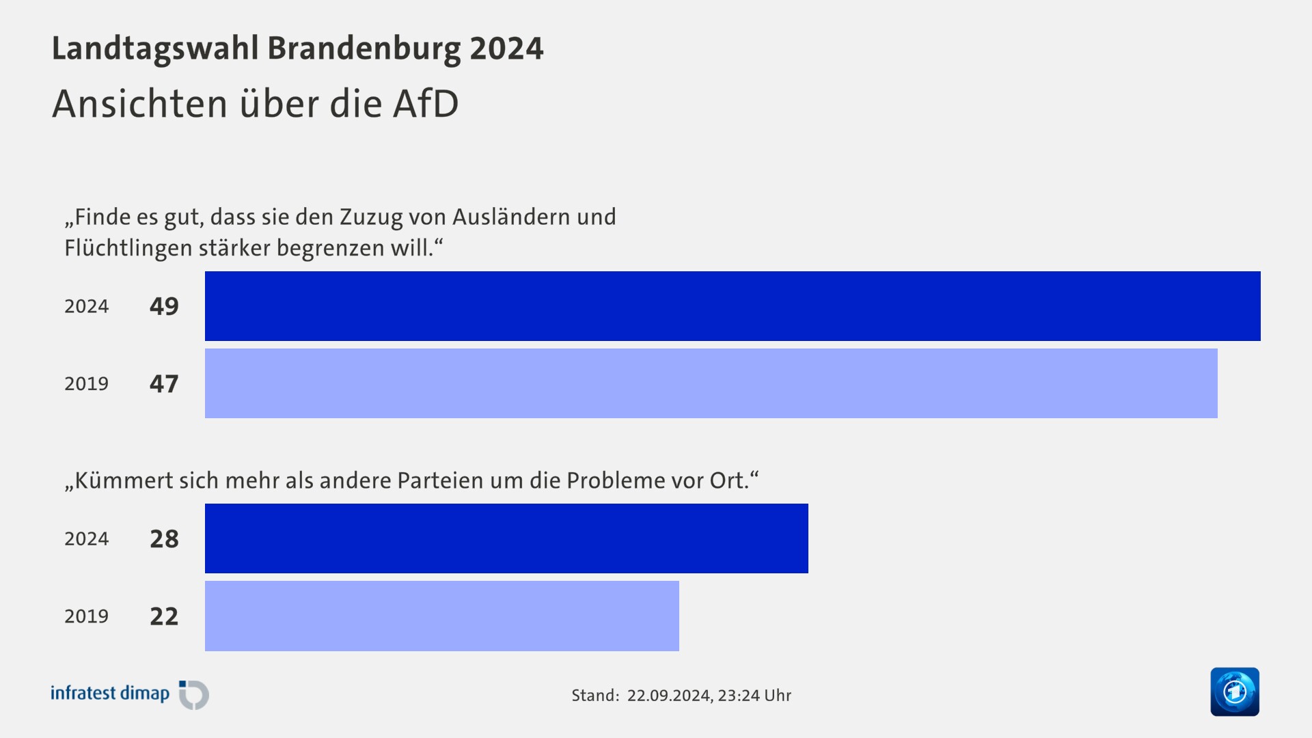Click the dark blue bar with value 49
pyautogui.click(x=733, y=306)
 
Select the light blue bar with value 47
pyautogui.click(x=711, y=383)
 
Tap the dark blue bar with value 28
pyautogui.click(x=506, y=538)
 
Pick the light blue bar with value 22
pyautogui.click(x=441, y=616)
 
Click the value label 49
pyautogui.click(x=164, y=306)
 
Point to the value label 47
pyautogui.click(x=164, y=383)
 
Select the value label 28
pyautogui.click(x=164, y=539)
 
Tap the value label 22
pyautogui.click(x=164, y=616)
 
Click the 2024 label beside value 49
pyautogui.click(x=87, y=306)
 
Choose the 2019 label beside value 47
pyautogui.click(x=87, y=383)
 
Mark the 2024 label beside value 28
pyautogui.click(x=87, y=539)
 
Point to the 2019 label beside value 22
pyautogui.click(x=87, y=616)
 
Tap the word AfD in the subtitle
pyautogui.click(x=425, y=104)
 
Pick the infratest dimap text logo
pyautogui.click(x=110, y=694)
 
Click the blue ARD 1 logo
pyautogui.click(x=1234, y=692)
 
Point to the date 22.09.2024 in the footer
pyautogui.click(x=670, y=696)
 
